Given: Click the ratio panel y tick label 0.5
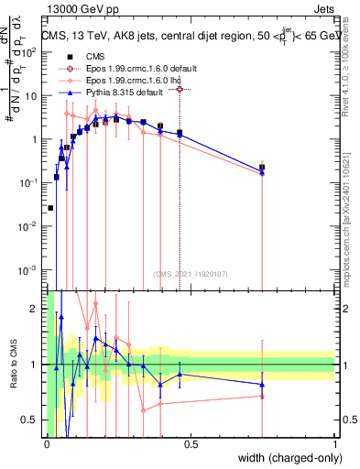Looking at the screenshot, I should [x=32, y=420].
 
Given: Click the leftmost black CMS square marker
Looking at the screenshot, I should [x=50, y=208].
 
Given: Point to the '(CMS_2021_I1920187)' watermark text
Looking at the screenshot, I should [x=191, y=272].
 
